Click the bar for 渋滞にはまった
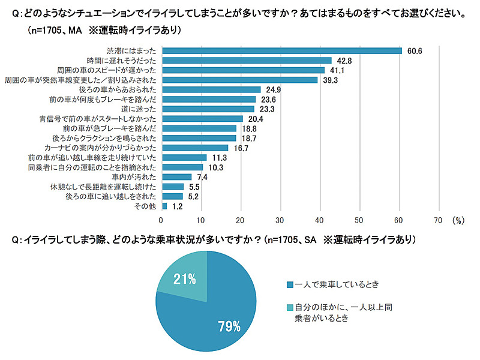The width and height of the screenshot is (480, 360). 281,50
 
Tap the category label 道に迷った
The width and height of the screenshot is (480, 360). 140,109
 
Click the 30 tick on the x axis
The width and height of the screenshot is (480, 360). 280,220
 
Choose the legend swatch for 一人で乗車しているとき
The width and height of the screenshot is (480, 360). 290,284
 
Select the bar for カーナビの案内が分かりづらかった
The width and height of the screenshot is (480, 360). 194,148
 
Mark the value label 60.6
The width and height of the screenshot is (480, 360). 415,51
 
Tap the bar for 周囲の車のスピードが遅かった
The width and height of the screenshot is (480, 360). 242,70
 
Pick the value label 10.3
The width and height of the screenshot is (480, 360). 215,167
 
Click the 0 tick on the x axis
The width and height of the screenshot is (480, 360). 161,220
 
